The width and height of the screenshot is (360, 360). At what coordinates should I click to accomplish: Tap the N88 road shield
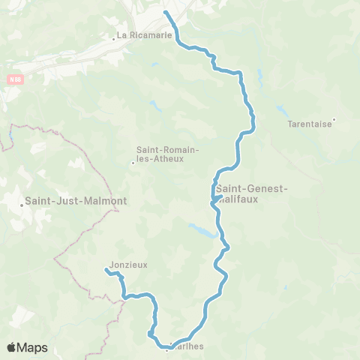click(x=16, y=77)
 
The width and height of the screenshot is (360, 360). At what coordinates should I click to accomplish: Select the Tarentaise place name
click(x=310, y=125)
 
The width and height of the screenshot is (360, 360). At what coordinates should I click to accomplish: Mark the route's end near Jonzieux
click(x=106, y=270)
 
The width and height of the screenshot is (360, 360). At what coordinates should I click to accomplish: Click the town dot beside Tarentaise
click(x=334, y=119)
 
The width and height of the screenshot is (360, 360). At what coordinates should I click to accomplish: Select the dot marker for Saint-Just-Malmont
click(x=22, y=203)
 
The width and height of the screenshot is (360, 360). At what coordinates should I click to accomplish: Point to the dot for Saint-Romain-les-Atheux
click(x=133, y=162)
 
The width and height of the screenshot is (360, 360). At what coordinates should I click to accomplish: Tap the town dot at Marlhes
click(x=166, y=348)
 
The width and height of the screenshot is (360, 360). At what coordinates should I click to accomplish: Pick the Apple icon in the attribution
click(x=11, y=347)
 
